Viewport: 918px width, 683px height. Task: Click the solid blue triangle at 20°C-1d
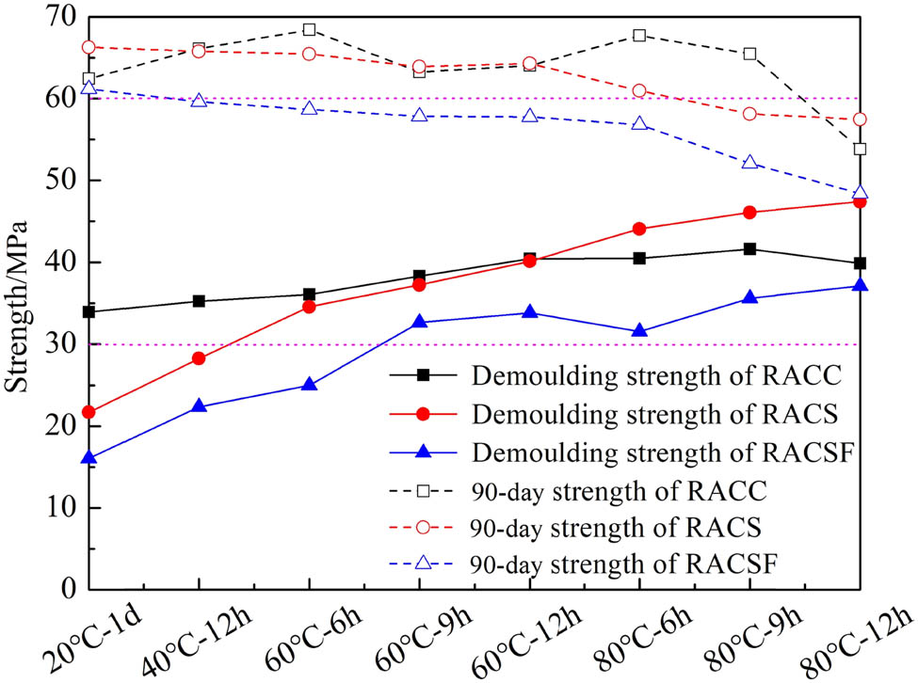(x=89, y=458)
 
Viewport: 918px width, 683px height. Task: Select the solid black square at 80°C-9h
(x=749, y=249)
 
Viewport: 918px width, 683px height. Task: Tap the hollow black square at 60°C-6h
(x=309, y=30)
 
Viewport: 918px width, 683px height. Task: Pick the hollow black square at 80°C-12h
(x=860, y=149)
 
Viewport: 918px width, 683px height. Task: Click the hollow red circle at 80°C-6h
(x=639, y=90)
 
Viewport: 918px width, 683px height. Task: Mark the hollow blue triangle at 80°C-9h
(x=749, y=162)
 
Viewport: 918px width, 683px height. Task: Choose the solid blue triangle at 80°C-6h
(x=639, y=330)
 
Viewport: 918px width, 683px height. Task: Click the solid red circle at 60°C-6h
(x=309, y=307)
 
